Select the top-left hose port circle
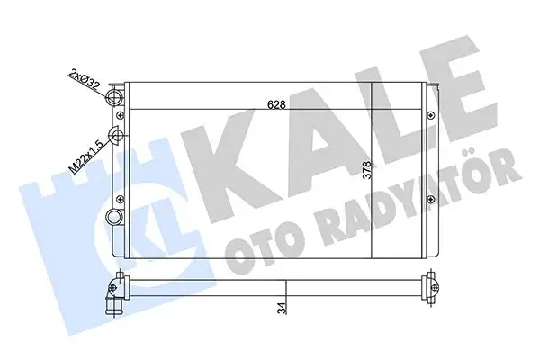113,96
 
